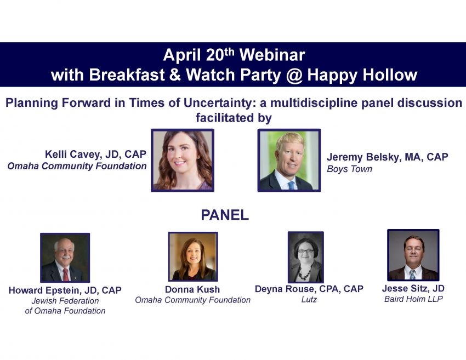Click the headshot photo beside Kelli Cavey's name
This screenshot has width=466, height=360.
(183, 160)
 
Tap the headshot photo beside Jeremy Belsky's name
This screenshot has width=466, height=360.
(289, 160)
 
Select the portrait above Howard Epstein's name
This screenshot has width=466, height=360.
(65, 258)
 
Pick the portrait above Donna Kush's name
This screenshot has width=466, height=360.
(193, 256)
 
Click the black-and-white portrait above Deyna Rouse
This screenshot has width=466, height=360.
(305, 257)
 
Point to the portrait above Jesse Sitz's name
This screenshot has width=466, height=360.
(413, 255)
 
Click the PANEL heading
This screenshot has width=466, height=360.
(225, 215)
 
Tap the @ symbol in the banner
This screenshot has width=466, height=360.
(294, 75)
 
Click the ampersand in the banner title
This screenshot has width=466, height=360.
(175, 75)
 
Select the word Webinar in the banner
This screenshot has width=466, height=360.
(272, 55)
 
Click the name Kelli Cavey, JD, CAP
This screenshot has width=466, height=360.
(96, 155)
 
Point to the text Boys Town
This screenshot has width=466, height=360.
(350, 169)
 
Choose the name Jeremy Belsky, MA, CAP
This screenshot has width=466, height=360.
(388, 157)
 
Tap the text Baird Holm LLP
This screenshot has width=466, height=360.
(413, 299)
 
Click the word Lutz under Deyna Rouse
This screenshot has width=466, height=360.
(309, 299)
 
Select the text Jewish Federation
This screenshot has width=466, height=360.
(65, 301)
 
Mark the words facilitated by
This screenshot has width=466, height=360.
(234, 118)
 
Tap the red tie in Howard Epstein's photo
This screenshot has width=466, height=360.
(66, 275)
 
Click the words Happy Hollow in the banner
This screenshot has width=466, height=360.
(362, 75)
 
